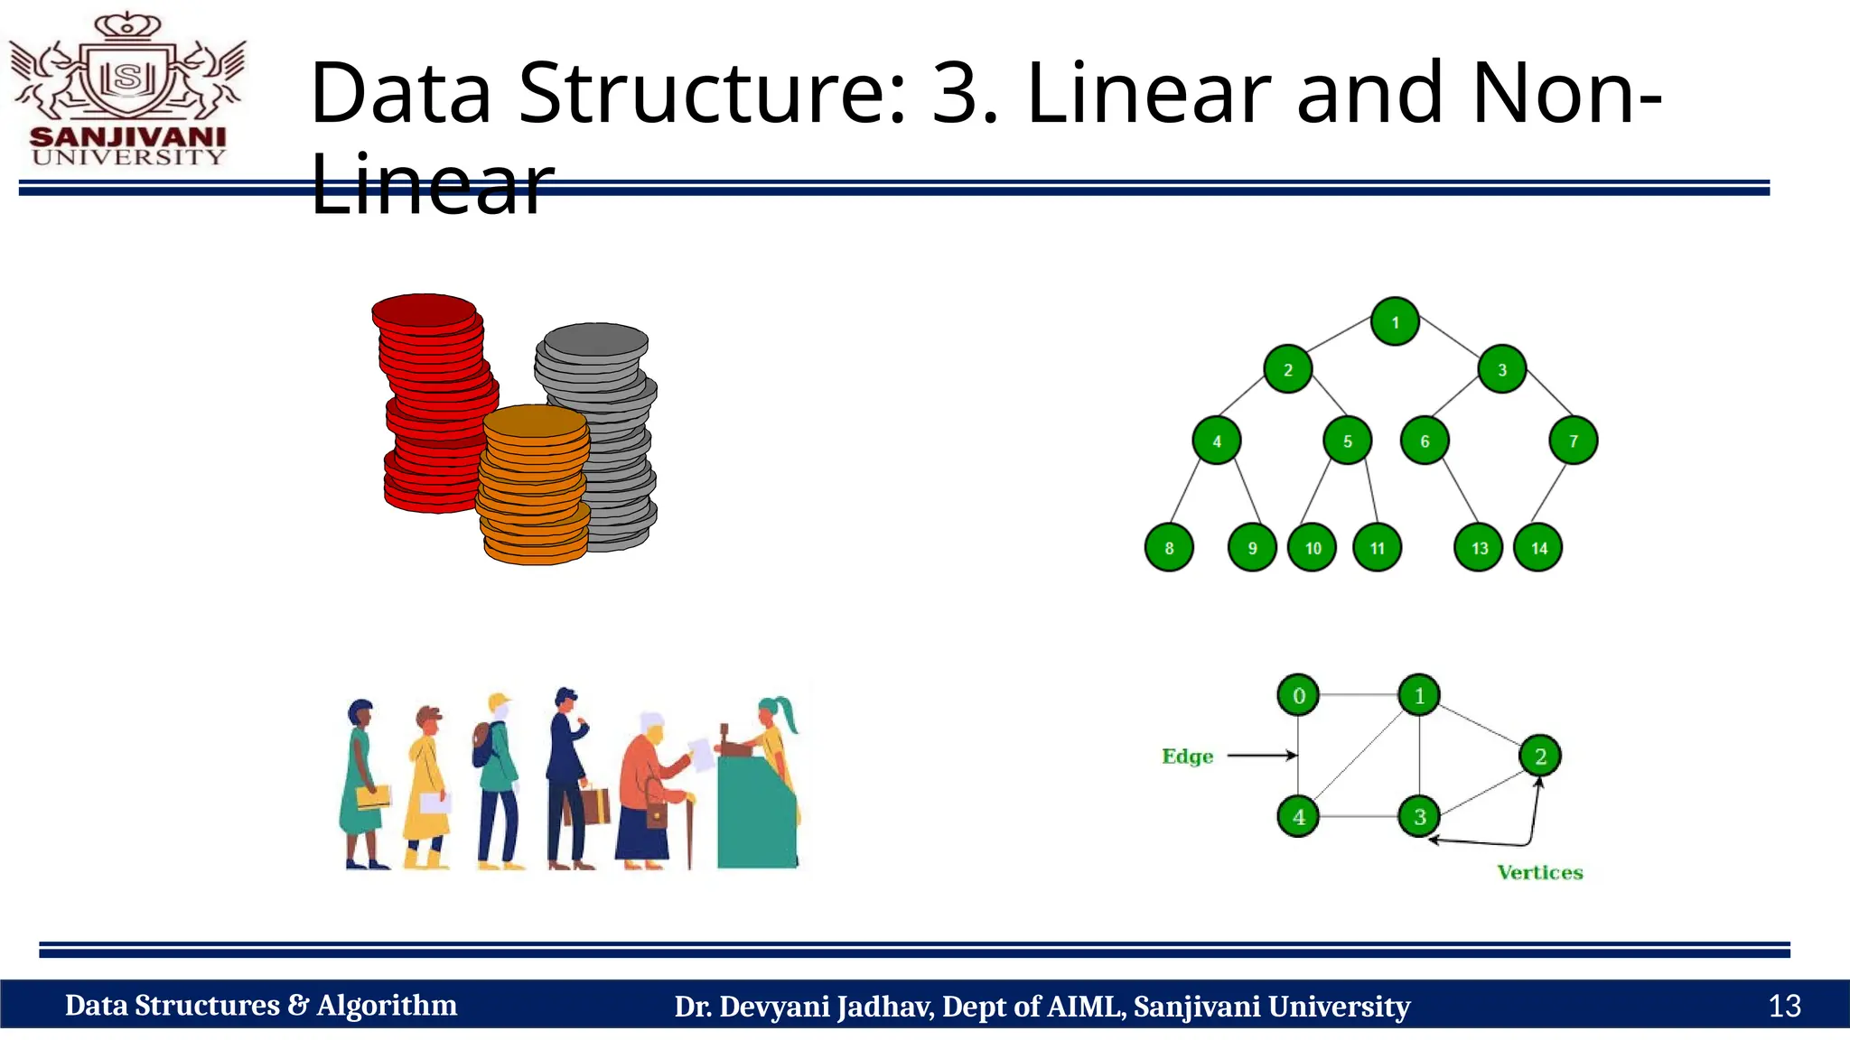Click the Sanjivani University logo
pos(127,90)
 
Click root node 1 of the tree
pos(1395,321)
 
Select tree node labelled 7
pos(1573,441)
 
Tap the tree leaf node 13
pos(1479,548)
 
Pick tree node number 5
pos(1347,441)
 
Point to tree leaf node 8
pos(1169,548)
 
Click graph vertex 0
pos(1298,696)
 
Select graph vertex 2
pos(1540,757)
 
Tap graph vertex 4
pos(1298,817)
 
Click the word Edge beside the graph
pos(1187,757)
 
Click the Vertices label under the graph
pos(1539,872)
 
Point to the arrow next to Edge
pos(1261,756)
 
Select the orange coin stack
pos(534,487)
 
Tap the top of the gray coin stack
pos(595,340)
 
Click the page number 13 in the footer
pos(1784,1006)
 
